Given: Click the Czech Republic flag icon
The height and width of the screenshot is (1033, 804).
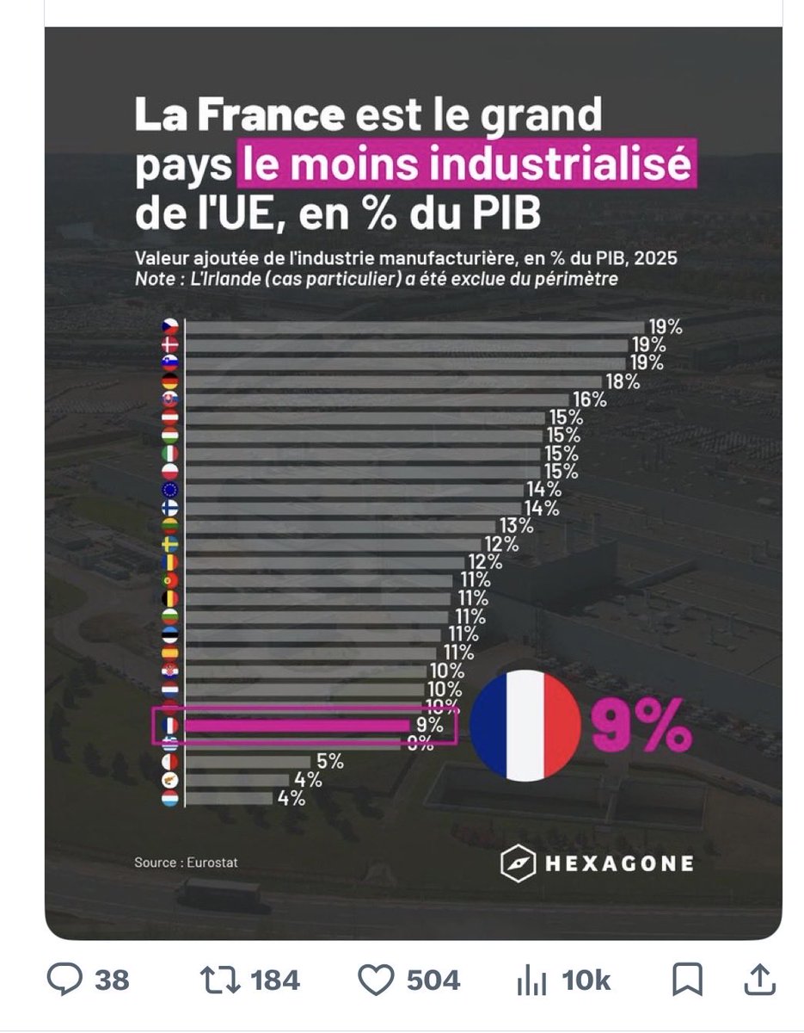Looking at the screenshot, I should coord(169,327).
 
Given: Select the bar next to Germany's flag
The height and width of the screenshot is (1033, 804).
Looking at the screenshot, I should coord(393,381).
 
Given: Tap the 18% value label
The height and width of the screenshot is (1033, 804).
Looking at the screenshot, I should coord(621,381).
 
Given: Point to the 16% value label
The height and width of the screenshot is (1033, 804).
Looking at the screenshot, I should coord(589,399).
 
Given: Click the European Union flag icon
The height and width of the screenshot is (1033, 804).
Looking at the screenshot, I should coord(169,490).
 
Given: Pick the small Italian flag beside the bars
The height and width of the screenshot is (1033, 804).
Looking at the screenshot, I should coord(169,454).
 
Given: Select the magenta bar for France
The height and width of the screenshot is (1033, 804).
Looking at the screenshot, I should coord(298,726).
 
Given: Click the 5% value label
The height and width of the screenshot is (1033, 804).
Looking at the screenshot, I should coord(328,762).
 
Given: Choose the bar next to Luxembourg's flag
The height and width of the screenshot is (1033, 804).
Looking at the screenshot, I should coord(228,798).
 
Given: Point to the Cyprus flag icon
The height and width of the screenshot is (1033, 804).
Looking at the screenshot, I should coord(169,780).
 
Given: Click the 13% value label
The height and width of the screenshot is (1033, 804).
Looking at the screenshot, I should coord(514,526).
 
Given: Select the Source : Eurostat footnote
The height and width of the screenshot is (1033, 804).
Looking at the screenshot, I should coord(186,862).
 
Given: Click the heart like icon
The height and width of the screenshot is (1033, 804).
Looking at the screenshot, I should coord(376,980).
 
